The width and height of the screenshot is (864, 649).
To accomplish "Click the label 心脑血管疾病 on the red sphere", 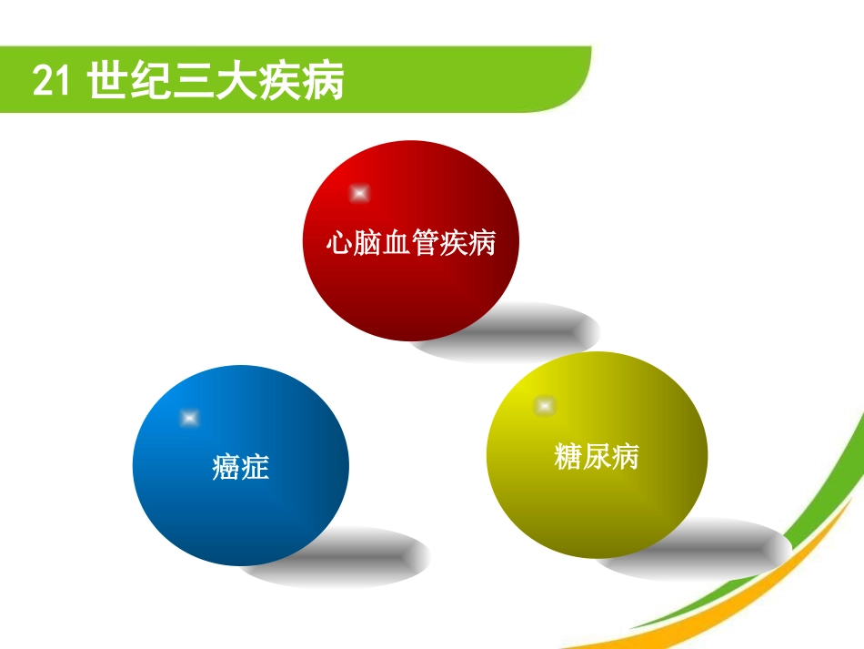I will (x=411, y=243).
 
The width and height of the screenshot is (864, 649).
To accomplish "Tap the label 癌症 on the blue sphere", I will (x=241, y=468).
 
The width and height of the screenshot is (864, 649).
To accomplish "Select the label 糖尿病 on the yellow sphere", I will (x=597, y=455).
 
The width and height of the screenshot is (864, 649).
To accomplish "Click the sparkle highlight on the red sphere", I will (x=359, y=193).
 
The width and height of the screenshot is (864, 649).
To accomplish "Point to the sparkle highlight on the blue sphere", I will (x=189, y=418).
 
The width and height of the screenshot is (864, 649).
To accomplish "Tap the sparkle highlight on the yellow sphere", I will (x=544, y=404).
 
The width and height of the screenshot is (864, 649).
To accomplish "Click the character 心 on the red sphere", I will (x=339, y=243).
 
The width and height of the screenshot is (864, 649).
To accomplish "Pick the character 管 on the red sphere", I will (x=426, y=243).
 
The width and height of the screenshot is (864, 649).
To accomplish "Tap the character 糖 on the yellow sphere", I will (x=568, y=455).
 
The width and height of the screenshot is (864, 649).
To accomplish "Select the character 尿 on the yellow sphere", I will (x=597, y=455).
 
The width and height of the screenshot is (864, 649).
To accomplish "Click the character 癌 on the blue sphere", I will (x=226, y=468).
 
